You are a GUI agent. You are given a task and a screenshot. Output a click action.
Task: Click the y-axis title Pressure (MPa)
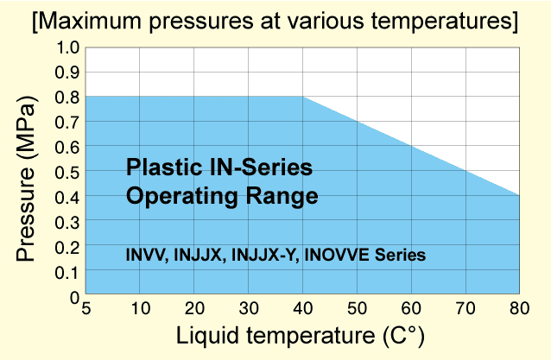coord(26,172)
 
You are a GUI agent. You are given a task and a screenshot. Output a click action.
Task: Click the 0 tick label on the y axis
coord(73,297)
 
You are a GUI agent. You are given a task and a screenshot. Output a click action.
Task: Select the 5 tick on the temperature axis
coord(85,309)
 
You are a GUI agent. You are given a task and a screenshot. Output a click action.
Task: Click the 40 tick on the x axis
coord(302,309)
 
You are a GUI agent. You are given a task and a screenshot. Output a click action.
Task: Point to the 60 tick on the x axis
coord(411,309)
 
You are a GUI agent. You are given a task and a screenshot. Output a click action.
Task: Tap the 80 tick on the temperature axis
coord(518,309)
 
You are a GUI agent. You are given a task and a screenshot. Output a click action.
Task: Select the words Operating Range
coord(222,196)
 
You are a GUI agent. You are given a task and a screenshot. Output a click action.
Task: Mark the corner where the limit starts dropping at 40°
coord(302,96)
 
